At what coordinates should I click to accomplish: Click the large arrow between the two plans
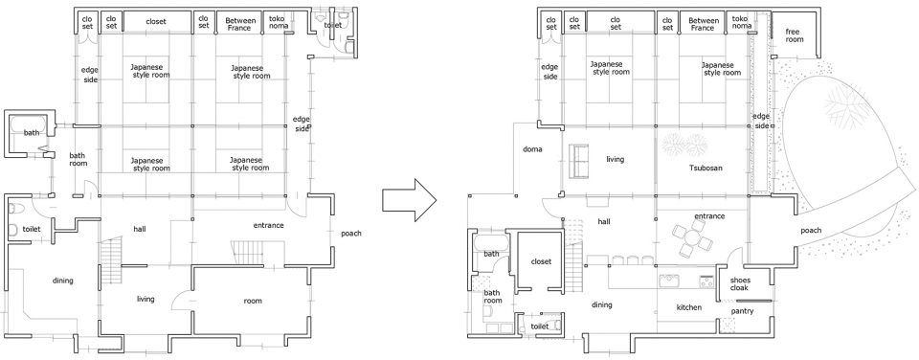tap(410, 200)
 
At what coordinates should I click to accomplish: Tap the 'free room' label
tap(795, 35)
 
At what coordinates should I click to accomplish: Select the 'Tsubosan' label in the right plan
tap(706, 168)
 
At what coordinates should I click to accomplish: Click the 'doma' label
tap(532, 149)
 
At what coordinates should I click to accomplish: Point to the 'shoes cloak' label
tap(741, 283)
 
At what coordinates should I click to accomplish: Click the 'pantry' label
tap(742, 311)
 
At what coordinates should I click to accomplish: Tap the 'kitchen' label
tap(689, 307)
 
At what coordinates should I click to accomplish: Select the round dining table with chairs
tap(693, 238)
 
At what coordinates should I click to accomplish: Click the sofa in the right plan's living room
tap(579, 161)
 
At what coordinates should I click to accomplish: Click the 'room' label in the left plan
tap(253, 301)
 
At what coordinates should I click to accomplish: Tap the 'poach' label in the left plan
tap(351, 234)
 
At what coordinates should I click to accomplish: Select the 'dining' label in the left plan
tap(63, 281)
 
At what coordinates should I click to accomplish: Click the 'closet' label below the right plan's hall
tap(541, 261)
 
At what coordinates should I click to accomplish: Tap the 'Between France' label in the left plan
tap(239, 24)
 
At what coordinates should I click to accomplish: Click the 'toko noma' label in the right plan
tap(741, 22)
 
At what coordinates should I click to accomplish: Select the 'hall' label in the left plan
tap(140, 229)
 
